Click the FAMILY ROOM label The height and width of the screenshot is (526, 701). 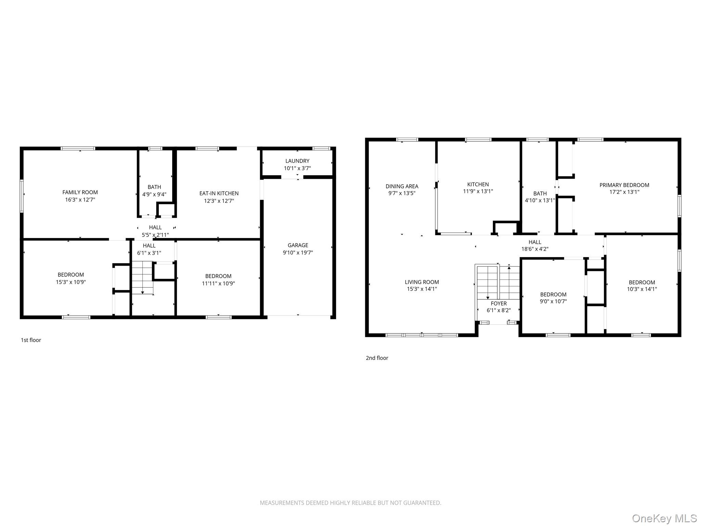(x=80, y=192)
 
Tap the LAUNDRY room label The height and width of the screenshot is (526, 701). (x=297, y=161)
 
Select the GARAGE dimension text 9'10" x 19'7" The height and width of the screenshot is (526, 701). (x=297, y=253)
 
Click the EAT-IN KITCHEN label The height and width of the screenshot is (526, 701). (x=219, y=193)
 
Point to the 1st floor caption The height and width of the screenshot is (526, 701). (x=31, y=340)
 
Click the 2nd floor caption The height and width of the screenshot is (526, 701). (x=377, y=358)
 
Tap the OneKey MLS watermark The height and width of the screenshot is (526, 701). (x=664, y=518)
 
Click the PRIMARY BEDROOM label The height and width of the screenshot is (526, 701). (x=624, y=185)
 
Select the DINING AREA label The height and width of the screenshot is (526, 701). (x=402, y=186)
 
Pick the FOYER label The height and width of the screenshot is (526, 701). (x=498, y=303)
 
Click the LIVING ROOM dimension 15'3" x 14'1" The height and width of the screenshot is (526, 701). (x=422, y=289)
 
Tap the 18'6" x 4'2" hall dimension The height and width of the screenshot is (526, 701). (x=535, y=249)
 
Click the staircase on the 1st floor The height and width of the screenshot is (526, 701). (x=142, y=277)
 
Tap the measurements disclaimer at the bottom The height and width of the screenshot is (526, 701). (x=350, y=503)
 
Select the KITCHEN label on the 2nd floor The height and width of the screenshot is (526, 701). (x=478, y=185)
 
